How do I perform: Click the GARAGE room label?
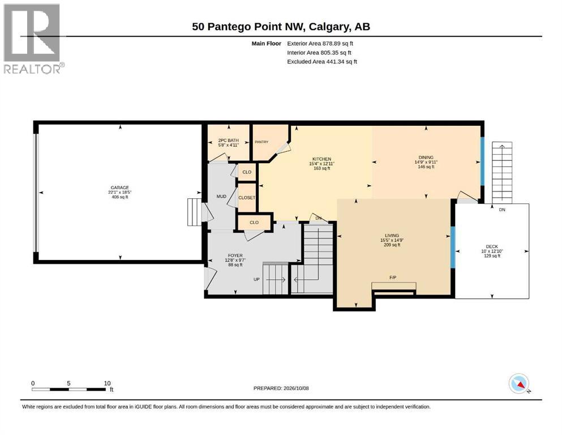120,187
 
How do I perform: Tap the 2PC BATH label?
228,140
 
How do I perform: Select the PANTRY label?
261,142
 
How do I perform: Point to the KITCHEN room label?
321,159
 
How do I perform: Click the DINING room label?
426,157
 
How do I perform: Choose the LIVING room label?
392,236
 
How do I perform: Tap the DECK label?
492,246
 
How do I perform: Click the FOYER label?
235,255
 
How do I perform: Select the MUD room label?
221,197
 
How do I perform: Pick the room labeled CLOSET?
247,198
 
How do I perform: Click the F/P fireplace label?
392,278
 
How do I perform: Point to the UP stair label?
256,279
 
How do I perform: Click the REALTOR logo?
33,39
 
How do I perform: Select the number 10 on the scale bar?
107,383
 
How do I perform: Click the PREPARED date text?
281,388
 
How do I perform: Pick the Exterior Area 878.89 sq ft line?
320,44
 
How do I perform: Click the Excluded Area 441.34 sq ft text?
322,61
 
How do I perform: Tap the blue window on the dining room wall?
482,161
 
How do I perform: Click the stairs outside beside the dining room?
502,173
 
